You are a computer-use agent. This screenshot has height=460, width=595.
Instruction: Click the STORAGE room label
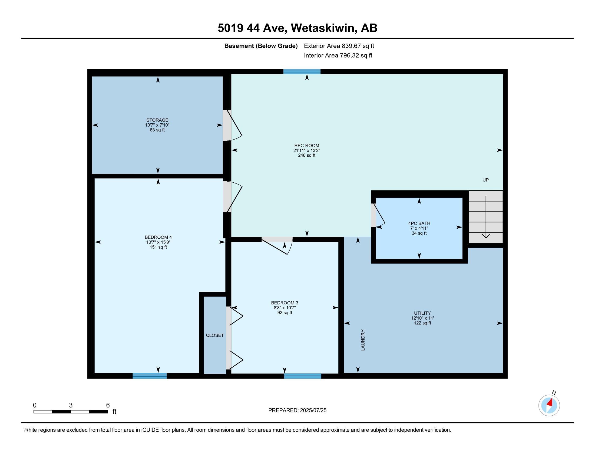157,120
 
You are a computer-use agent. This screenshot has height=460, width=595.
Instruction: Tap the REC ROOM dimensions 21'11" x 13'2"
307,150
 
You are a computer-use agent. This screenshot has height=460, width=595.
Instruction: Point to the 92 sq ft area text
285,313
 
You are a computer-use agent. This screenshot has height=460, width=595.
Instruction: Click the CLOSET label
215,335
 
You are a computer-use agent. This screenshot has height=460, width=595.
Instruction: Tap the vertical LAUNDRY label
363,340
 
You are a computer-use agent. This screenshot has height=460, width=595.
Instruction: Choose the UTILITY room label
422,313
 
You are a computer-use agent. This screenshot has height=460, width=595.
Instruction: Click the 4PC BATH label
419,224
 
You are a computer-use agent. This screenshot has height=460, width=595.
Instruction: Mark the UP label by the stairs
485,180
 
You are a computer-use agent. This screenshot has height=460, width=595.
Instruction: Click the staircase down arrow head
486,236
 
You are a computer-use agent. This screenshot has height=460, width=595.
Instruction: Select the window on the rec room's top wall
302,72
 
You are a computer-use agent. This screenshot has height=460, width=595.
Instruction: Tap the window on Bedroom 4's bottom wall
150,376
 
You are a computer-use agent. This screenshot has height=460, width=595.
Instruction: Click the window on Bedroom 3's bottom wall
302,376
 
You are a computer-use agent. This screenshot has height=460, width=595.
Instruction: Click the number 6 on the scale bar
108,405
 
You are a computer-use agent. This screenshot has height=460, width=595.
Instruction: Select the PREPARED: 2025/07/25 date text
297,410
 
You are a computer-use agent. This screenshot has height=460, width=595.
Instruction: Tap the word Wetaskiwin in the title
324,28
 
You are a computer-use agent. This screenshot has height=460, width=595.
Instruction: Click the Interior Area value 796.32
349,55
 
